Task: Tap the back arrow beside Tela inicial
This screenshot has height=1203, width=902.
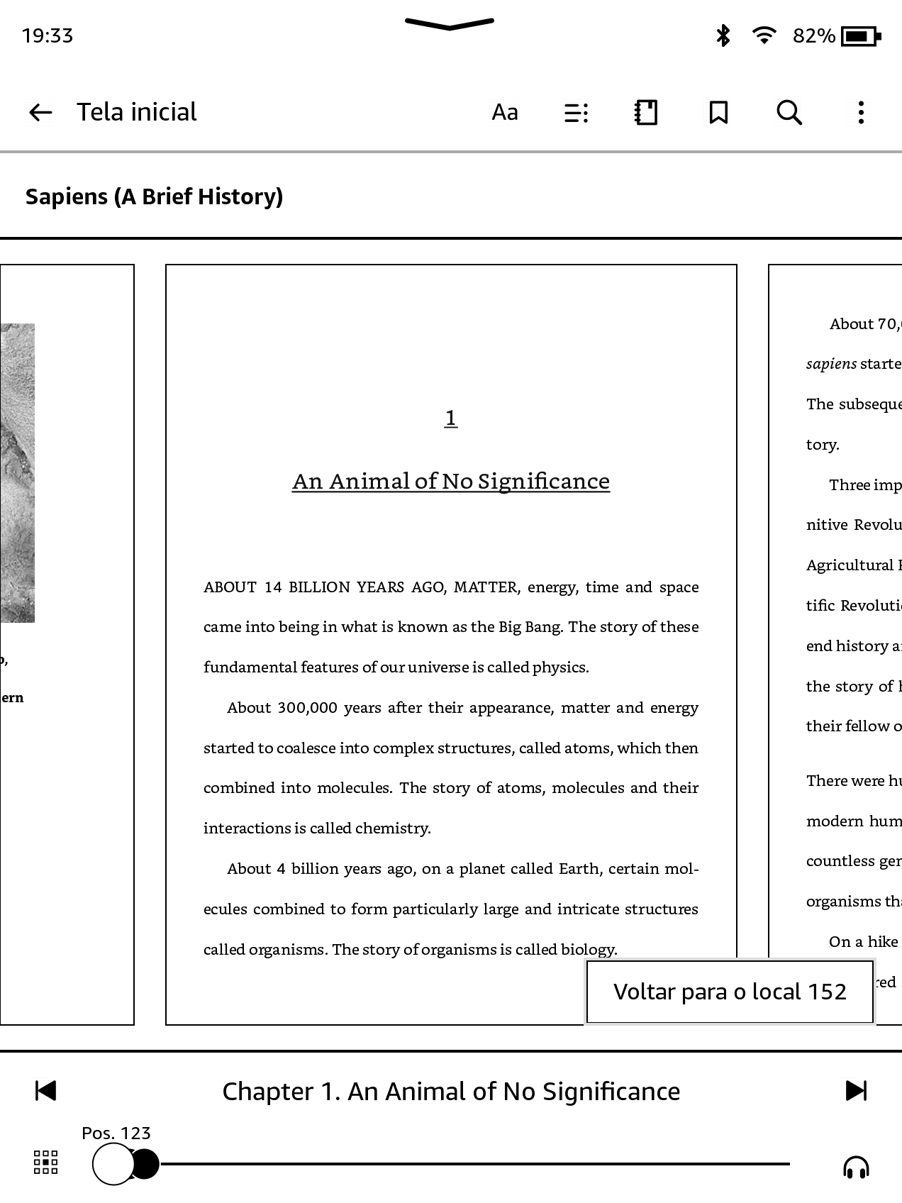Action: [x=40, y=112]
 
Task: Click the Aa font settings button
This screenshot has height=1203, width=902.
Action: [x=505, y=112]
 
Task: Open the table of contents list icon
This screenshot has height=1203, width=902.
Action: [x=576, y=113]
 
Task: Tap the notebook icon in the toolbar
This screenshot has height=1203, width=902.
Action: [x=646, y=112]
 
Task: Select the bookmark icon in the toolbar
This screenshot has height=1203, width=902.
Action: [x=718, y=112]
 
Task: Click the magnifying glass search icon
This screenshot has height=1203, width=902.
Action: [x=789, y=112]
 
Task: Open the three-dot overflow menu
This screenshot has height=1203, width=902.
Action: [x=861, y=112]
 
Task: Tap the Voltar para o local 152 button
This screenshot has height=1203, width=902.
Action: [x=730, y=992]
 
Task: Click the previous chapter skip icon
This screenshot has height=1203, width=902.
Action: [x=45, y=1091]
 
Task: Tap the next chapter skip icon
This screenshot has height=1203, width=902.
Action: [x=856, y=1091]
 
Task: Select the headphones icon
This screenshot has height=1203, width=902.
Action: [x=856, y=1167]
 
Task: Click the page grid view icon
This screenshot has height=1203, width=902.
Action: [x=46, y=1163]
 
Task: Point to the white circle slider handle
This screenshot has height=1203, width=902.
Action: [x=113, y=1164]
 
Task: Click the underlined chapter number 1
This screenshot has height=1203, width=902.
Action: [x=451, y=418]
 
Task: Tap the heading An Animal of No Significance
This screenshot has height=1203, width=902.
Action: [x=451, y=482]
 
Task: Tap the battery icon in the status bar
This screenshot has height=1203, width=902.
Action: [x=860, y=35]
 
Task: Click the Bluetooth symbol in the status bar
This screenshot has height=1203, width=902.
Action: [x=723, y=35]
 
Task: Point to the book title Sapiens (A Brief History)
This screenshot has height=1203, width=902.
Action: [x=154, y=196]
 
